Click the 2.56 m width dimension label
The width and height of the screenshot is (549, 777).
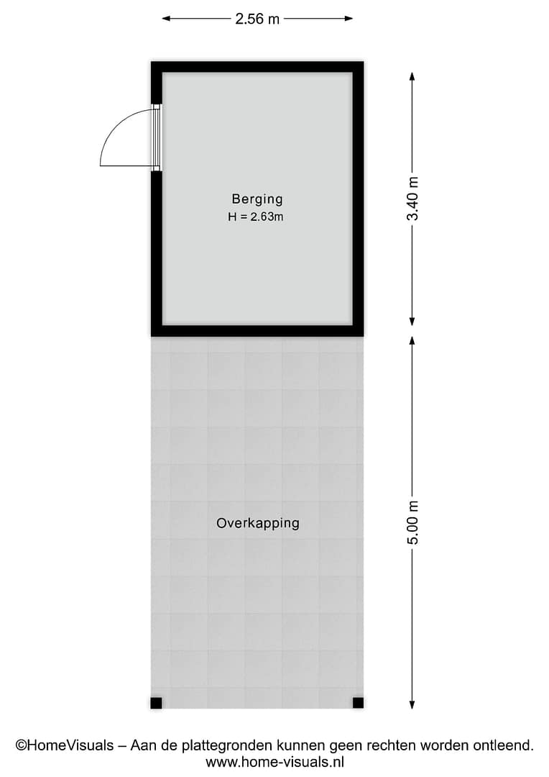(257, 19)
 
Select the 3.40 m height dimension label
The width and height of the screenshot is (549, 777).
(413, 199)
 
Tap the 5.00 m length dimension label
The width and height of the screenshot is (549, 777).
(413, 522)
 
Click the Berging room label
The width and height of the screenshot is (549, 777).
(257, 199)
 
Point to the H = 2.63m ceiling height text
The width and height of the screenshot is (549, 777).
(255, 217)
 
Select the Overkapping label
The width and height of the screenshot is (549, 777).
(258, 523)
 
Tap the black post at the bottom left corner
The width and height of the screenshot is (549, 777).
(156, 703)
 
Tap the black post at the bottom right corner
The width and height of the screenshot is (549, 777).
(358, 703)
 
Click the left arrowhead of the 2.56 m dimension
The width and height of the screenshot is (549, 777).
(166, 19)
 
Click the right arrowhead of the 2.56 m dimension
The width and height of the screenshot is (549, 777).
(349, 19)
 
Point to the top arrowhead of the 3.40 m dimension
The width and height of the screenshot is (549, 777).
(412, 76)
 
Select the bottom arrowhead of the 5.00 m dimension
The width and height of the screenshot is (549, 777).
(412, 704)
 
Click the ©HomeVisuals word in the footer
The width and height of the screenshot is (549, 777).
(65, 745)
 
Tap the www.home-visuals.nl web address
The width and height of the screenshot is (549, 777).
(274, 762)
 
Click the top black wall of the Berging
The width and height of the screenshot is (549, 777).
(257, 67)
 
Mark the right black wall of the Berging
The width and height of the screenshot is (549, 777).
(358, 199)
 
